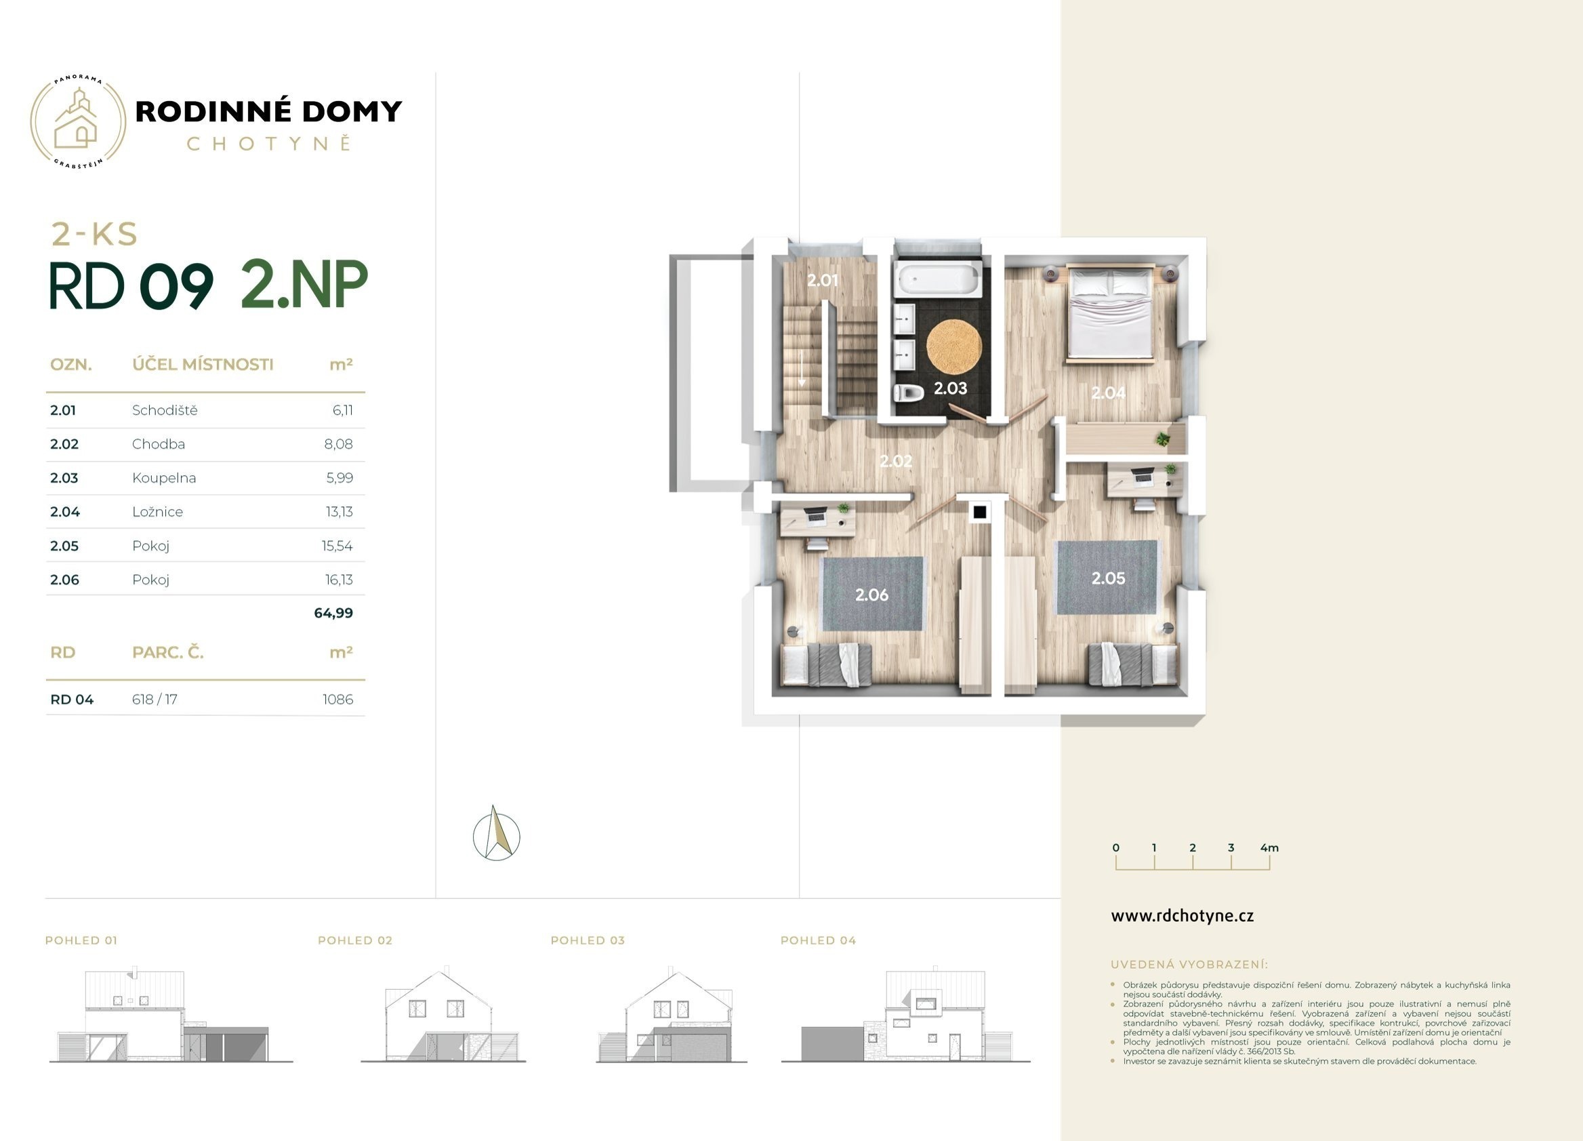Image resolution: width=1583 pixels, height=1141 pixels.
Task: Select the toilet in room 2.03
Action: point(909,393)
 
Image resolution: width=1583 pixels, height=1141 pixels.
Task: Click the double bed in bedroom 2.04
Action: point(1110,313)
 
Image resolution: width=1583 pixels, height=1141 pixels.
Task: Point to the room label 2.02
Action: point(895,461)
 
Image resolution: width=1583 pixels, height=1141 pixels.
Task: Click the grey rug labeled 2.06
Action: point(872,593)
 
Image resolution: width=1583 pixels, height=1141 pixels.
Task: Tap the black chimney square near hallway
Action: point(980,512)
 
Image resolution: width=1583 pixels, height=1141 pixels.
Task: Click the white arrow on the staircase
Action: point(802,368)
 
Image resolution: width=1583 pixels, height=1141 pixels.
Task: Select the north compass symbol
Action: point(496,834)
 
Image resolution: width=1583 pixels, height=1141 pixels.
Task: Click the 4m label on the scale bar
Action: point(1270,847)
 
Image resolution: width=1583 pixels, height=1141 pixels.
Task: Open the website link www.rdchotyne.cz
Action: point(1183,916)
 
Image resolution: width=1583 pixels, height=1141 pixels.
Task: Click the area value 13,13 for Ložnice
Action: point(340,512)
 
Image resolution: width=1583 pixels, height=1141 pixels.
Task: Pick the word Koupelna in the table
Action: point(164,479)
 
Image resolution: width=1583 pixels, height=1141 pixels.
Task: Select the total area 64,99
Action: point(333,613)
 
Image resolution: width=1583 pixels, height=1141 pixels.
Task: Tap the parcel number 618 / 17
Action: point(155,700)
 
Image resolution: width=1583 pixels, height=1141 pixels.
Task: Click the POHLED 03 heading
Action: point(588,940)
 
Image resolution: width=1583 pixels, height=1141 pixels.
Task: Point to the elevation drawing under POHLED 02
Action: point(443,1016)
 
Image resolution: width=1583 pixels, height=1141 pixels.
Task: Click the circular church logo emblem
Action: point(78,122)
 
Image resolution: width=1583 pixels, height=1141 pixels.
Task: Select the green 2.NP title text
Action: point(304,285)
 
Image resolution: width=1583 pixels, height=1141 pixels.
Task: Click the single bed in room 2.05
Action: point(1132,665)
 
